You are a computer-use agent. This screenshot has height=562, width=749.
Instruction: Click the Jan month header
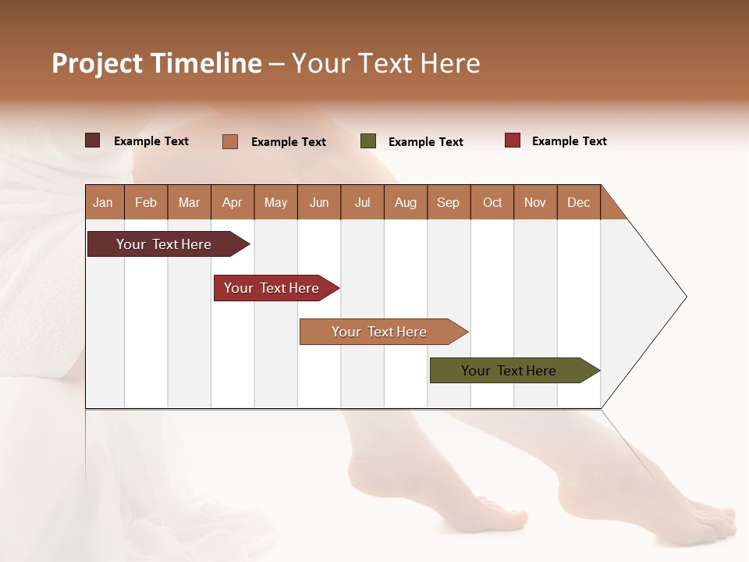(104, 202)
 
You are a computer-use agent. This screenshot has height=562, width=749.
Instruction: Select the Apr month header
(233, 202)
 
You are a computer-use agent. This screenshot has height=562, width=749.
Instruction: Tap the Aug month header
(406, 202)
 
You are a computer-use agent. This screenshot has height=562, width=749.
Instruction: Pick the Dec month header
(578, 202)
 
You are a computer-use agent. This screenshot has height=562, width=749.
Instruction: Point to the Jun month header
(319, 202)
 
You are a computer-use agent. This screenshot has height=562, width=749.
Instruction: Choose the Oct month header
(492, 202)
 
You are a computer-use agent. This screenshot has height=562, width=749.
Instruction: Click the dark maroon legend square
(92, 140)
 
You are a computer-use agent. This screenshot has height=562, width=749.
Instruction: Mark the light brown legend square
(230, 141)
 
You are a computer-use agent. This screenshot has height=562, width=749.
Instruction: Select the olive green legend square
(368, 141)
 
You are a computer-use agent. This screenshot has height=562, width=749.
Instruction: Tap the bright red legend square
(513, 140)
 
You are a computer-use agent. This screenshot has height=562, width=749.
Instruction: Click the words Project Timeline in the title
(156, 63)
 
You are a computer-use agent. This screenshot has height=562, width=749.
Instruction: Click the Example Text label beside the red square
(569, 141)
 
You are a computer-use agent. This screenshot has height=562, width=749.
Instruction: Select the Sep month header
(449, 202)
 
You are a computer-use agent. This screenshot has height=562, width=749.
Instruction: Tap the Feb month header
(146, 202)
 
